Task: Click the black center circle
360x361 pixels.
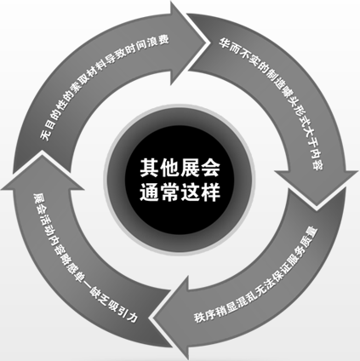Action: click(180, 180)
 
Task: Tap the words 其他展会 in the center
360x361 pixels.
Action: click(180, 168)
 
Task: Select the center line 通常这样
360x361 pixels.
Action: click(180, 192)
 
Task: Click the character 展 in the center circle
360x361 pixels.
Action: click(190, 168)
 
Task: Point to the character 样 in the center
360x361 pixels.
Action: click(210, 192)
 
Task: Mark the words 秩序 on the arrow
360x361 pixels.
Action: click(203, 315)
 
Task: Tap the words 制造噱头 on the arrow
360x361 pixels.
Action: click(278, 83)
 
